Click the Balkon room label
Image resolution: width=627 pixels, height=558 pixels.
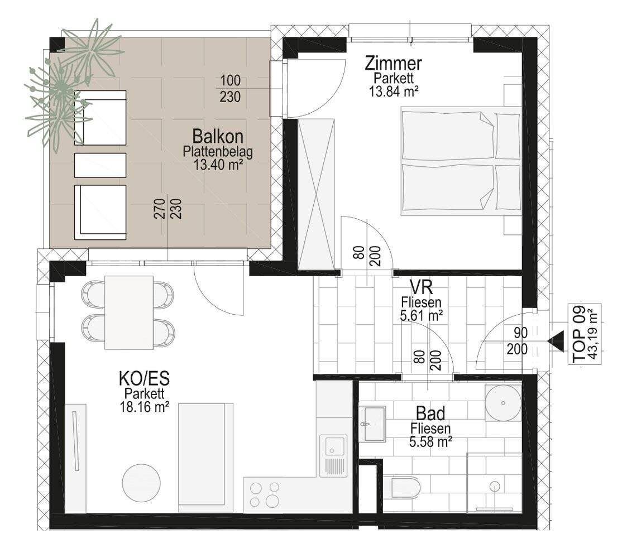218,136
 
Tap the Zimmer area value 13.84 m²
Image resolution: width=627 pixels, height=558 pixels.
394,92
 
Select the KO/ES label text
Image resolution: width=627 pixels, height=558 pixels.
144,378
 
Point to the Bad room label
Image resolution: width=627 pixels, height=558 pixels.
430,413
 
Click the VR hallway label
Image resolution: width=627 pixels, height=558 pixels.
421,287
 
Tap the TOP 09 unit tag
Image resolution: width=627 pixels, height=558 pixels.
579,334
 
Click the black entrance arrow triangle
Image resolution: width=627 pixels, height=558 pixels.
556,341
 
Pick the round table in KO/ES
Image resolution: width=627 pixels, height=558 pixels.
141,482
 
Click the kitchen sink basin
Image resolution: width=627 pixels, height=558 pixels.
334,446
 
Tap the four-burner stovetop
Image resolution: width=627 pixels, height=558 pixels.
264,494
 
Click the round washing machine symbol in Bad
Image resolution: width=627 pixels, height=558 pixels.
503,403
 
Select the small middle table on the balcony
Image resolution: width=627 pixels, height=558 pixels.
100,165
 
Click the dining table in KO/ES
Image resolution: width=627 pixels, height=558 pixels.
129,312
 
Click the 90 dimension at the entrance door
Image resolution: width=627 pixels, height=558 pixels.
520,333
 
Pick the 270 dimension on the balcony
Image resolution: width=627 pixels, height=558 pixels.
159,209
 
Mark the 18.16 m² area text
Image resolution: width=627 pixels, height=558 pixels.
144,407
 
